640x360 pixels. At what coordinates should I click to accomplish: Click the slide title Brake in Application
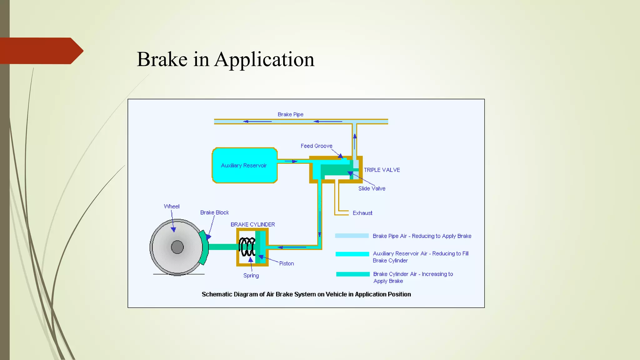tap(225, 59)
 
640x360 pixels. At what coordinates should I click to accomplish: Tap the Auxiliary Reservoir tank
tap(244, 165)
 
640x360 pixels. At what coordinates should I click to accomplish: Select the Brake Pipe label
tap(290, 114)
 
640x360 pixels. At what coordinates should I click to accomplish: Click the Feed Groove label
tap(316, 146)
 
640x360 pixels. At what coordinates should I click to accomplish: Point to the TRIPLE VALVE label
tap(382, 170)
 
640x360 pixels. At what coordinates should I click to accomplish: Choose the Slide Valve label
tap(372, 188)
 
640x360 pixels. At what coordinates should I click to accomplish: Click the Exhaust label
tap(362, 213)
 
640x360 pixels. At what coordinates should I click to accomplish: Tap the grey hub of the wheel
tap(177, 247)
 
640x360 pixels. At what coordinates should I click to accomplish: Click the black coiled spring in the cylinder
tap(247, 247)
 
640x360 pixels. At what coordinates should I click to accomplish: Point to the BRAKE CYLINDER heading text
tap(252, 224)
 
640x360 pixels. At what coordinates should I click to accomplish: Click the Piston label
tap(286, 263)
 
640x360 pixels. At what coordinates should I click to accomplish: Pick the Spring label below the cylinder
tap(251, 276)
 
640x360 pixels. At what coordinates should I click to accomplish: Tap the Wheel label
tap(172, 207)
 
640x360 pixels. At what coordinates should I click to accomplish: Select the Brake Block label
tap(214, 212)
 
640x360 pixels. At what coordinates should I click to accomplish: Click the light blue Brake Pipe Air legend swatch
tap(352, 236)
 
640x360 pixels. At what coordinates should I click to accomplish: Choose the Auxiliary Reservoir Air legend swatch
tap(352, 254)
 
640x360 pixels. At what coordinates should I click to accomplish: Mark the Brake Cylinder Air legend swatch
tap(352, 274)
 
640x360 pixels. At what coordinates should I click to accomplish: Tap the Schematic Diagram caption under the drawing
tap(306, 294)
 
